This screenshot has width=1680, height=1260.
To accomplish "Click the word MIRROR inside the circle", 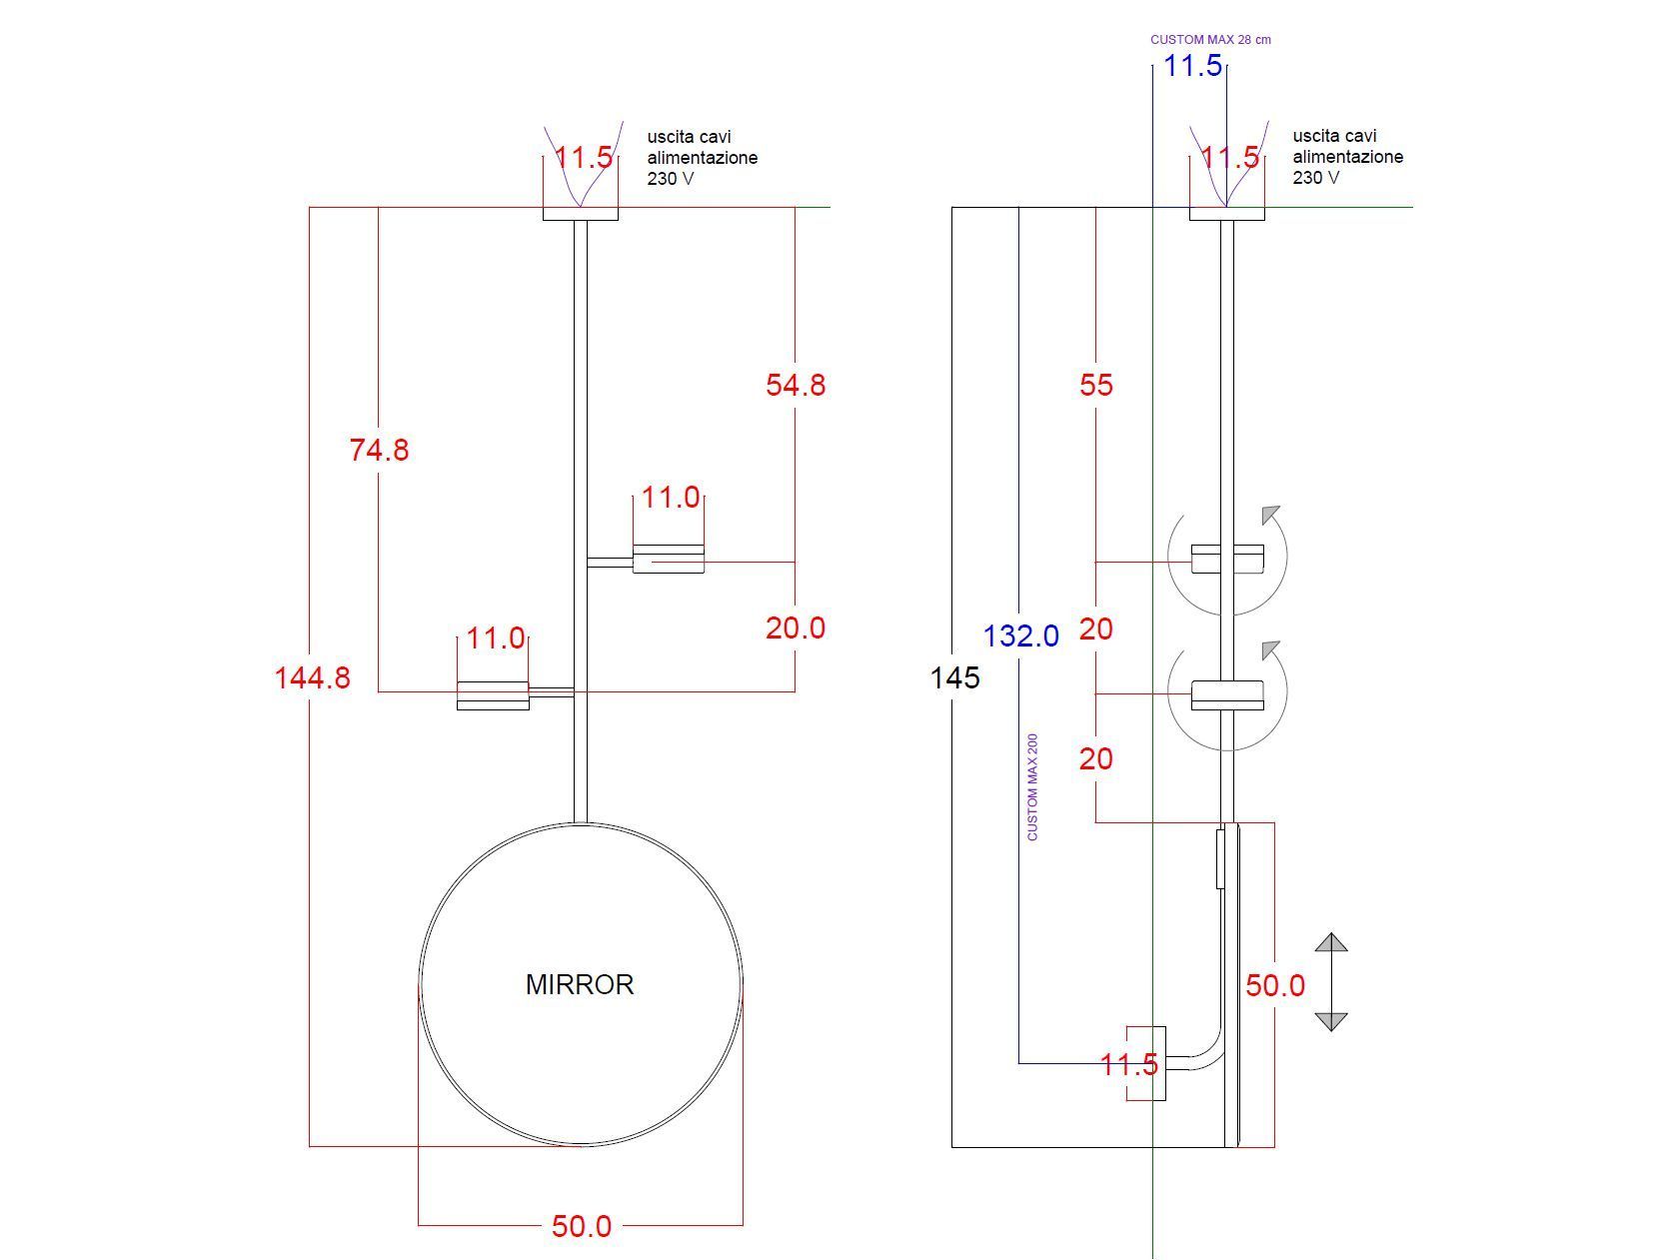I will [580, 984].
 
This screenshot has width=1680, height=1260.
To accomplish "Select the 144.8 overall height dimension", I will [313, 678].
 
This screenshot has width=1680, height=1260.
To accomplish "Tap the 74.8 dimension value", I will [379, 451].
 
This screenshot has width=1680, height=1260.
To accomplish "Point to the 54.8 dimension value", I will [796, 386].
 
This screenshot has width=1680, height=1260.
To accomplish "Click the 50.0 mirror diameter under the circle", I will [581, 1226].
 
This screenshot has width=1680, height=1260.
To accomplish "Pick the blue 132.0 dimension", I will [1020, 636].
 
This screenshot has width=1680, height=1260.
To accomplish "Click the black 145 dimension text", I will [954, 678].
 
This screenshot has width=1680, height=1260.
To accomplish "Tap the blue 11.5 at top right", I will [1193, 67].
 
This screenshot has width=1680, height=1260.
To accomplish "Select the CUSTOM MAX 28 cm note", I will [1210, 40].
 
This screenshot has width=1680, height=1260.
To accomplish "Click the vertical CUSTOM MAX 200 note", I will [1032, 786].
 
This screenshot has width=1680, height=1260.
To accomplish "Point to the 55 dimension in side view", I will [1095, 386].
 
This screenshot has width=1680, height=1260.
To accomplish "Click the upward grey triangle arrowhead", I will [1331, 942].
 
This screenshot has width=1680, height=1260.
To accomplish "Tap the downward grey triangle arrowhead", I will [1331, 1020].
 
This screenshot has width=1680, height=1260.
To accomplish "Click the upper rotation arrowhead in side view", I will [1270, 515].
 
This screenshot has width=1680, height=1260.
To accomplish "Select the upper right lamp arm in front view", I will [668, 559].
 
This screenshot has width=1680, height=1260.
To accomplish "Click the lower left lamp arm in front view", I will [493, 694].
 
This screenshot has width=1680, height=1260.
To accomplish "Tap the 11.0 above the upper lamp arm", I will [671, 498].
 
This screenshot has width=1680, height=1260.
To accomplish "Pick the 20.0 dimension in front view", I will [796, 629].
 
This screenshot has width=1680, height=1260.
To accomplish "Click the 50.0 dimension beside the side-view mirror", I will [1274, 986].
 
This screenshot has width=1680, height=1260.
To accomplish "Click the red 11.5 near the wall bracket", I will [1128, 1065].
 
